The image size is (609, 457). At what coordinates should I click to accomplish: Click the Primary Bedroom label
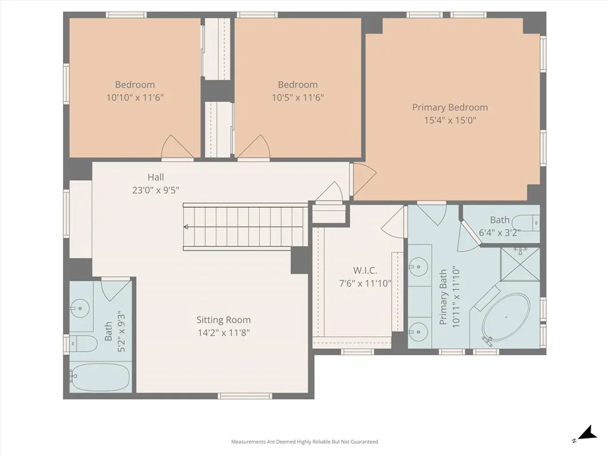click(450, 108)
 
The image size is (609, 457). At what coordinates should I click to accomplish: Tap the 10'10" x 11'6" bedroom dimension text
click(135, 97)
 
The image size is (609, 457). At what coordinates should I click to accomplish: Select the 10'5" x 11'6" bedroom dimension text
click(297, 97)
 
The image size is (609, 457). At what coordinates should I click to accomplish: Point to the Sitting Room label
click(224, 320)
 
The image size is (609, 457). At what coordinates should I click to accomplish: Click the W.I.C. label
click(365, 271)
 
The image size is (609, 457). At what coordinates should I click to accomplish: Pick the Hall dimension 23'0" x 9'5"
click(156, 190)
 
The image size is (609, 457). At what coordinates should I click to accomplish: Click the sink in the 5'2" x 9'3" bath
click(79, 308)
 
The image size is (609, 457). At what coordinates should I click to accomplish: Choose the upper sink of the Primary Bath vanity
click(419, 264)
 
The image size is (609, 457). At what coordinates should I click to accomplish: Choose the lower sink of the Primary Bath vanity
click(419, 328)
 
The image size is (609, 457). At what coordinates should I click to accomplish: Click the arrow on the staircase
click(187, 227)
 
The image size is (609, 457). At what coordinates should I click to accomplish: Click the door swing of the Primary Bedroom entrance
click(364, 177)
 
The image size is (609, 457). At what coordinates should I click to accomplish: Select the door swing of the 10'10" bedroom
click(177, 148)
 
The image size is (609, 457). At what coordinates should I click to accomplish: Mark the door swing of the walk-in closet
click(393, 224)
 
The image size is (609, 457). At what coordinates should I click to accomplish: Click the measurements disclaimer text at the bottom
click(304, 442)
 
